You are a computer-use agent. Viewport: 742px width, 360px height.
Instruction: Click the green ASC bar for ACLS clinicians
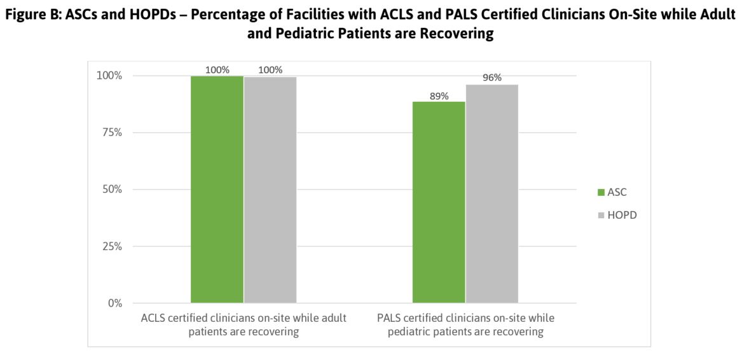tap(217, 190)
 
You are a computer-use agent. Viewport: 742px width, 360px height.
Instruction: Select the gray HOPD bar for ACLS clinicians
tap(270, 190)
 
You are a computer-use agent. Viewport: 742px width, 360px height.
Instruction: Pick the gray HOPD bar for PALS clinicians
tap(492, 194)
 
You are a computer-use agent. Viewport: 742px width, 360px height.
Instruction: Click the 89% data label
tap(439, 96)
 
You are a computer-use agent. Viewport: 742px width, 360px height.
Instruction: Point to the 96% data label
tap(492, 78)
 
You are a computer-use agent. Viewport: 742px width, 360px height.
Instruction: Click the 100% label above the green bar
tap(217, 70)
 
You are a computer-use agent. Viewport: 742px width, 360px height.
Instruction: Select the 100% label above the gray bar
tap(271, 70)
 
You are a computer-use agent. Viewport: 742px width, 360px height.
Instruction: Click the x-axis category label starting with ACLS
tap(244, 324)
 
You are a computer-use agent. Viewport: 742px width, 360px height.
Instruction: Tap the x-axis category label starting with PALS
tap(466, 324)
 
